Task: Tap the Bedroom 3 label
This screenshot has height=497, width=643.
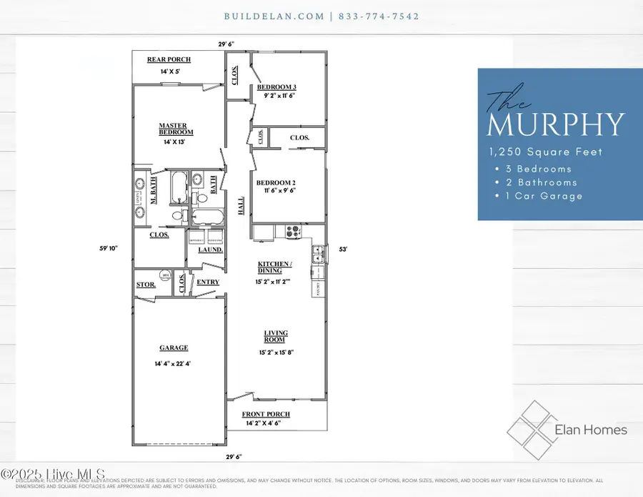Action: tap(276, 87)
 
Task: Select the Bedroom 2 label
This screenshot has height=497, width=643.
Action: tap(276, 182)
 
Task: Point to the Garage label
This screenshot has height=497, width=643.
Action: tap(174, 348)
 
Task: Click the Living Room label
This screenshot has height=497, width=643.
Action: tap(276, 337)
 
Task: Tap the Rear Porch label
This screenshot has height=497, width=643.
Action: tap(169, 59)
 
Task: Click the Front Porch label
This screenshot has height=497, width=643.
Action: tap(266, 414)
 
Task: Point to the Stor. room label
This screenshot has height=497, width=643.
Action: tap(145, 285)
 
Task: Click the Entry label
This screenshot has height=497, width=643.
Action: tap(208, 282)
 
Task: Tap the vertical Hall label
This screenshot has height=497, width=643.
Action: tap(241, 207)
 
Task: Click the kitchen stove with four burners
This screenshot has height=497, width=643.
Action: tap(293, 231)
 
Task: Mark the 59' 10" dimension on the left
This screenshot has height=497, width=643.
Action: tap(108, 249)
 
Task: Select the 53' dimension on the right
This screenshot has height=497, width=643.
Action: tap(343, 249)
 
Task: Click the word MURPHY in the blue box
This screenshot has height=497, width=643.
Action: tap(555, 124)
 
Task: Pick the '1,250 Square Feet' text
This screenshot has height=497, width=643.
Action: tap(545, 152)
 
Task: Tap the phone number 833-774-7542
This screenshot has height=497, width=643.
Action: tap(379, 16)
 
